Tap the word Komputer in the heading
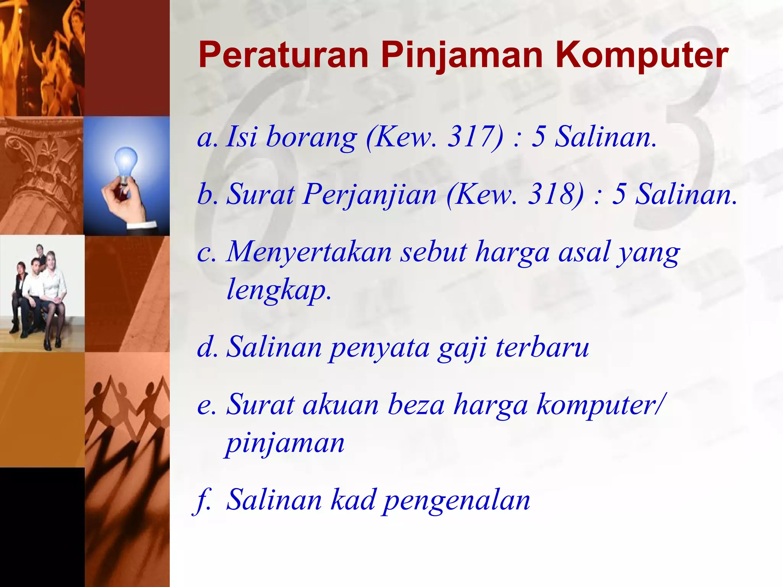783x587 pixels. (x=642, y=56)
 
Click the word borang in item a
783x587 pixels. (x=311, y=137)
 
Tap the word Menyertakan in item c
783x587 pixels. (x=309, y=252)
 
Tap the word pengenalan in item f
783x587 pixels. (x=457, y=501)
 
